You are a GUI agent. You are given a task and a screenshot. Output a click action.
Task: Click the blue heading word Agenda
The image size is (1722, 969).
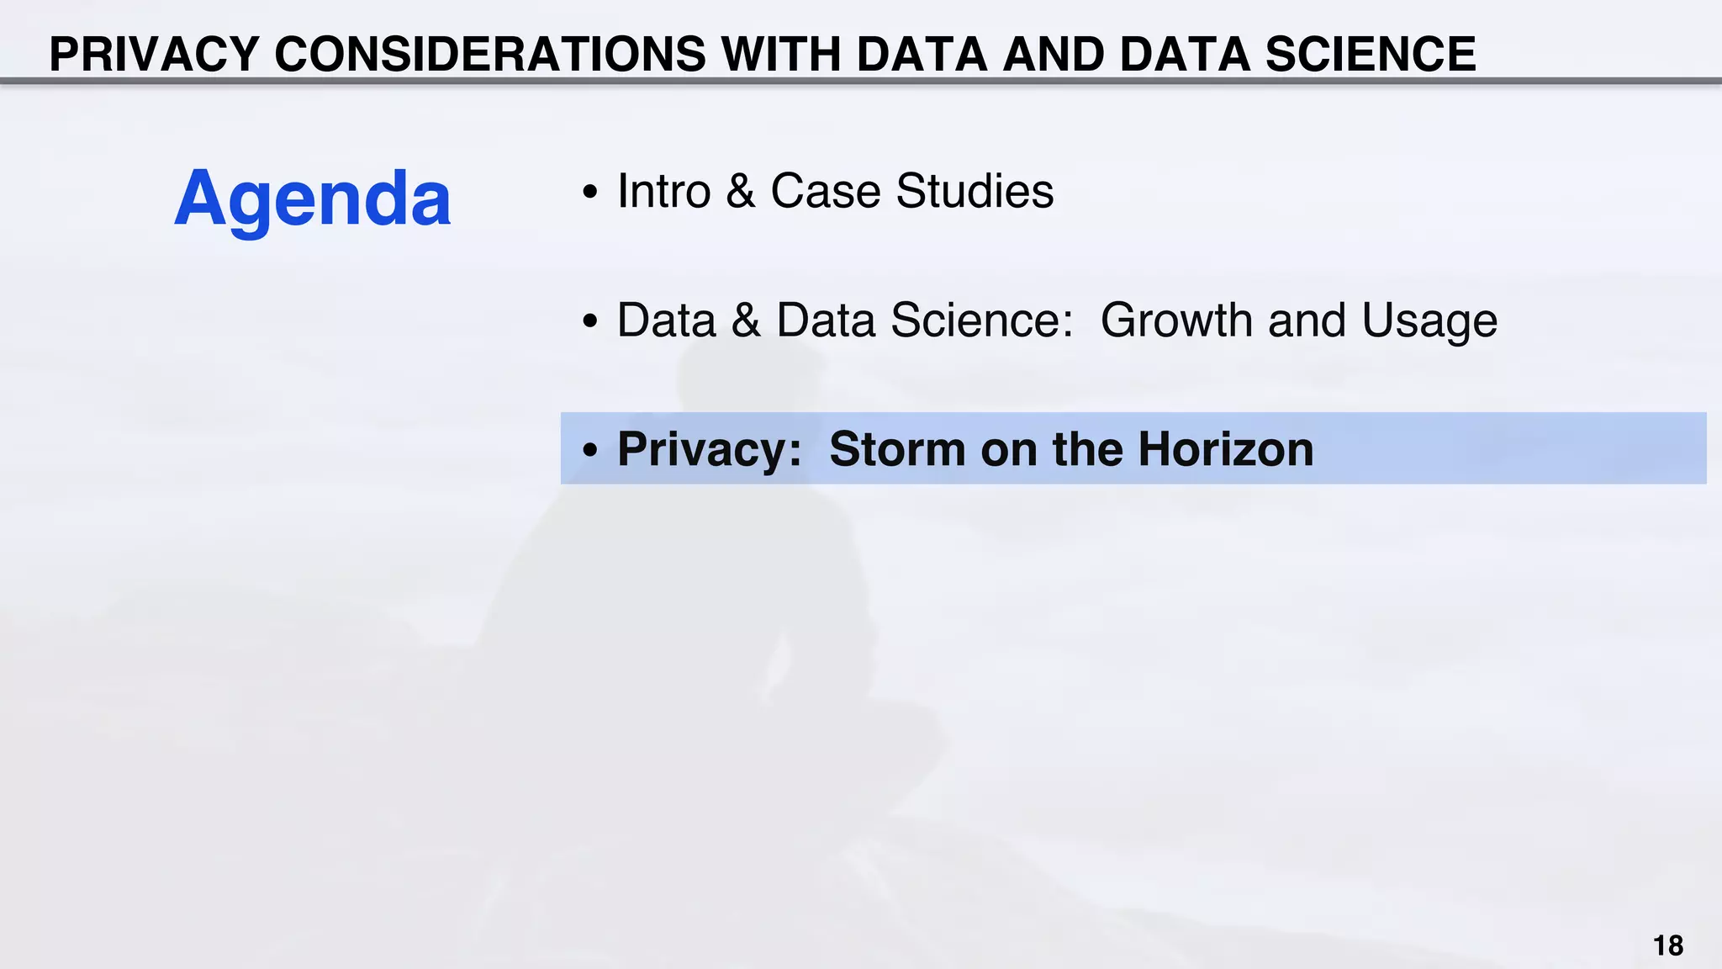tap(312, 199)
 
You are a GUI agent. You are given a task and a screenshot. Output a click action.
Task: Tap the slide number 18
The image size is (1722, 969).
tap(1668, 945)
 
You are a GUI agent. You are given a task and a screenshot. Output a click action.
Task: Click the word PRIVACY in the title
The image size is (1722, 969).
tap(154, 55)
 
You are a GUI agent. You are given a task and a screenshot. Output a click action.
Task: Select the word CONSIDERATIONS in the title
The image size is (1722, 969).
tap(490, 55)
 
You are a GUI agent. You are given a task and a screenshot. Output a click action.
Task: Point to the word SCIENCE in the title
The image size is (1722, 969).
tap(1371, 55)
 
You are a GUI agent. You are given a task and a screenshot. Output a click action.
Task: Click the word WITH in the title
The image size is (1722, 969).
tap(781, 55)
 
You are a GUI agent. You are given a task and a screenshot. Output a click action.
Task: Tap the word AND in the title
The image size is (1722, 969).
tap(1053, 55)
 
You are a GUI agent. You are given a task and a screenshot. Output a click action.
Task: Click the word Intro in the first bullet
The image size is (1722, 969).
tap(664, 191)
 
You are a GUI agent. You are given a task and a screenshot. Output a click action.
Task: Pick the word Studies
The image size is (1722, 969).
tap(975, 191)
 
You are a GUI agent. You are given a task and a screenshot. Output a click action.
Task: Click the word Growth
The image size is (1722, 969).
tap(1176, 320)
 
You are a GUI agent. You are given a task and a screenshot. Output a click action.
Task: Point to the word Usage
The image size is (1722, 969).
tap(1429, 320)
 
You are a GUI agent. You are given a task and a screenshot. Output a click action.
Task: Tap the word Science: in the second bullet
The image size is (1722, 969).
tap(982, 320)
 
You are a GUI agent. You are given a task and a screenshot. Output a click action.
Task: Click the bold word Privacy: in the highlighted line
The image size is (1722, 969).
tap(710, 449)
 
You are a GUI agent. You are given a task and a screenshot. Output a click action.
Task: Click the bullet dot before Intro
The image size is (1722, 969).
tap(590, 193)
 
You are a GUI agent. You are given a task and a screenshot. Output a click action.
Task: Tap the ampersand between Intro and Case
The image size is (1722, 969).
tap(740, 191)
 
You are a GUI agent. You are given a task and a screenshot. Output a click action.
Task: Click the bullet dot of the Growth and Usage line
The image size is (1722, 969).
tap(590, 321)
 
